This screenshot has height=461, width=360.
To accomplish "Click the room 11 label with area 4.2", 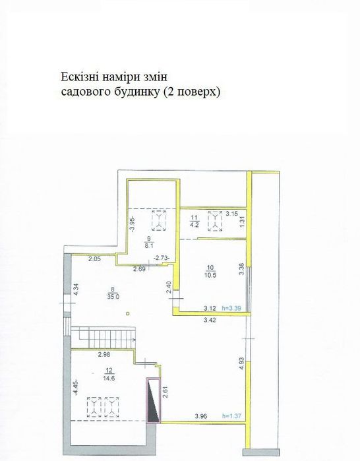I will [194, 220].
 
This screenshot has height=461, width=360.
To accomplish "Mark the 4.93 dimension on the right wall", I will [241, 364].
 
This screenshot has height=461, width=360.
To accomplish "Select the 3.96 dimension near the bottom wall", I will [201, 416].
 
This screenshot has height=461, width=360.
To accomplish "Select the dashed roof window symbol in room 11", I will [214, 221].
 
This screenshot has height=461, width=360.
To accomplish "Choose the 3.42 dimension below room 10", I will [208, 320].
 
